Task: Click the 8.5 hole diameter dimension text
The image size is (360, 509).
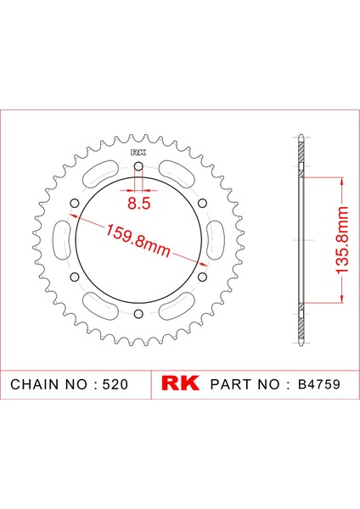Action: [138, 204]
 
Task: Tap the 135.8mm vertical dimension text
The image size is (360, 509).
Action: [342, 239]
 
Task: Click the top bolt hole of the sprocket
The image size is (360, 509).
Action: [138, 166]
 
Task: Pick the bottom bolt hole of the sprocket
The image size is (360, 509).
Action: [138, 314]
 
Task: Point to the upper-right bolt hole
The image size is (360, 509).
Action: [202, 204]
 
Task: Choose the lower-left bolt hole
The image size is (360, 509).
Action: [75, 277]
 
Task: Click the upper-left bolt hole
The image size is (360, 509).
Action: [75, 204]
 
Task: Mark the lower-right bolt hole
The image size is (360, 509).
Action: [202, 277]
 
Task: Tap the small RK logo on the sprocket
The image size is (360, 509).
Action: [138, 153]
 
